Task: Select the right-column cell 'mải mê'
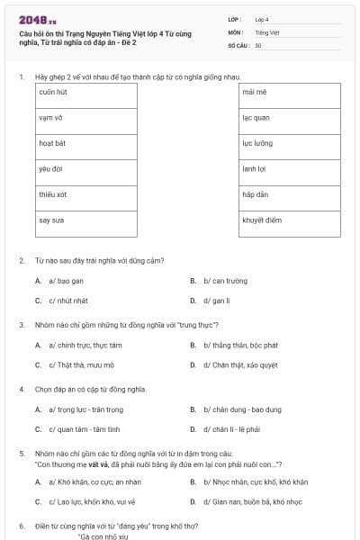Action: [289, 93]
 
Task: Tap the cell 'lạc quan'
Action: [289, 118]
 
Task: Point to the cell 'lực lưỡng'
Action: [289, 143]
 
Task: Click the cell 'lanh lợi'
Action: [289, 168]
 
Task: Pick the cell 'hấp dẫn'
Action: [289, 193]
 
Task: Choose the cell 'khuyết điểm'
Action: [289, 220]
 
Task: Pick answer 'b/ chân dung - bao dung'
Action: [236, 409]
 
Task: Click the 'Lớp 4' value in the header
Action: [262, 19]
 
